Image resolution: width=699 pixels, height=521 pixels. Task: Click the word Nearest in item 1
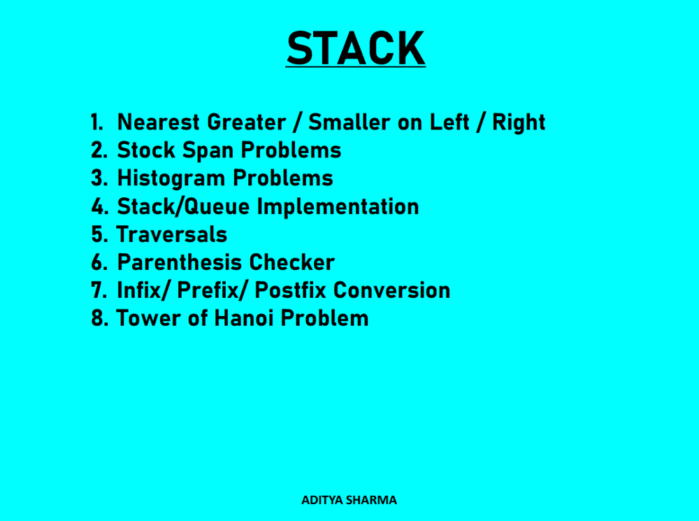[159, 122]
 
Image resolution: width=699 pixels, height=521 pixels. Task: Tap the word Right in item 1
[519, 122]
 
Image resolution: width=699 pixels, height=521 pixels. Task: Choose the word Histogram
[172, 178]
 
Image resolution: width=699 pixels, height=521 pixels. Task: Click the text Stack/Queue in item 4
[185, 206]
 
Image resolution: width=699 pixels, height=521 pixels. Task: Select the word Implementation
[338, 206]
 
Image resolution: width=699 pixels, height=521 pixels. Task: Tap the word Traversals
[171, 234]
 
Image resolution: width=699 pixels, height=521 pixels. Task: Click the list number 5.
[98, 234]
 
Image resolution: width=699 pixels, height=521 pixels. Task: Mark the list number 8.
[99, 318]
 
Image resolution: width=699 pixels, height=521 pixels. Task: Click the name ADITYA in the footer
[322, 500]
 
